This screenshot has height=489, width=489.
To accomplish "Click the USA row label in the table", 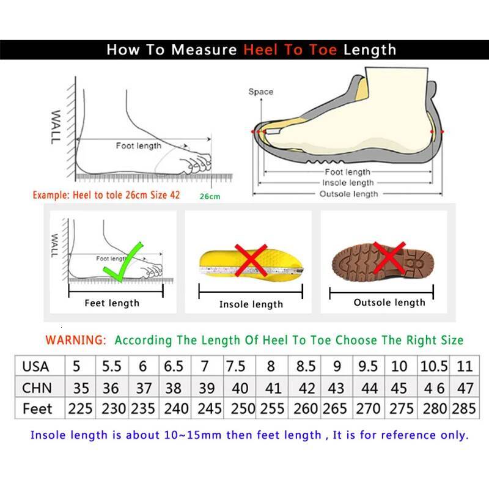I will coord(35,367).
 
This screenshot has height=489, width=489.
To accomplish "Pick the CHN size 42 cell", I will coord(306,388).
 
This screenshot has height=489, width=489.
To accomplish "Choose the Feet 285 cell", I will coord(463,408).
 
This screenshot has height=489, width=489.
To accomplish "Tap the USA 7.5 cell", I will coord(236,367).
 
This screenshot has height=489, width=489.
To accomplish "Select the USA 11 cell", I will coord(465,367).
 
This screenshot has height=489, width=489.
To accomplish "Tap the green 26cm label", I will coord(209,196).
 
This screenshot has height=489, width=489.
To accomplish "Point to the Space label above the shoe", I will coord(260,92).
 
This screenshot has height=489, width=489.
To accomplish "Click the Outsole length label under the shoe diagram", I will coord(349,194).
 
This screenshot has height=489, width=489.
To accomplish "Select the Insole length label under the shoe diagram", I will coord(348,183).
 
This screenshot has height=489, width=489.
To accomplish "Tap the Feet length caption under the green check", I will coord(112,303).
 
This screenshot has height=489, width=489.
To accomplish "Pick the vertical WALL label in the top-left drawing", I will coord(56,127).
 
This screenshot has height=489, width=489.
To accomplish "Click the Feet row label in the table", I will coord(37,408).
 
